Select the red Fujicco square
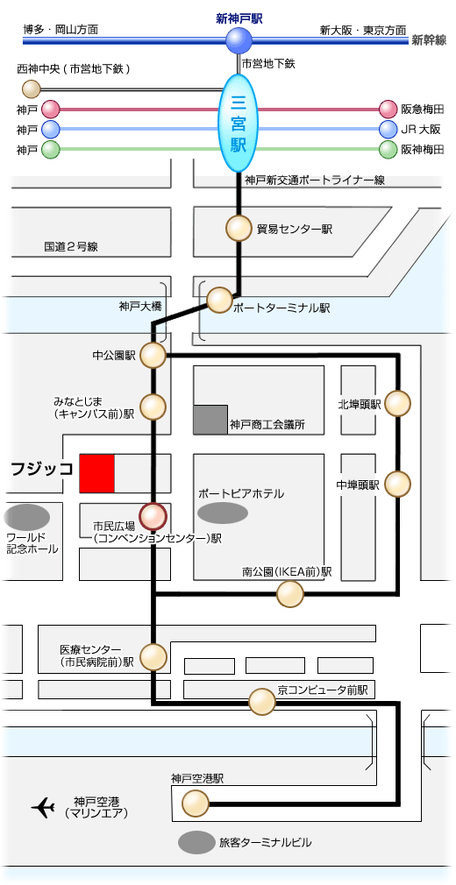(x=96, y=473)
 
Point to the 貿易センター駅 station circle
(x=239, y=229)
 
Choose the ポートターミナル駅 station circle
(x=220, y=301)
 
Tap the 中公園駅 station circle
(x=153, y=356)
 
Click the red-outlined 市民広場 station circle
(x=153, y=516)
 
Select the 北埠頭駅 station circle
(x=398, y=403)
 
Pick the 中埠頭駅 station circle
(x=398, y=484)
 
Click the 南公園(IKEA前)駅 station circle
(x=290, y=594)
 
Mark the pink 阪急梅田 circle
(x=388, y=109)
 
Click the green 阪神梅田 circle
(x=388, y=150)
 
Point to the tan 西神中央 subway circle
(x=31, y=88)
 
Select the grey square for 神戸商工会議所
(x=210, y=420)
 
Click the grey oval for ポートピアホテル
(x=224, y=513)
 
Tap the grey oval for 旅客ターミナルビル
(x=196, y=843)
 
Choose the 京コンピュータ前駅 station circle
(x=262, y=703)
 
